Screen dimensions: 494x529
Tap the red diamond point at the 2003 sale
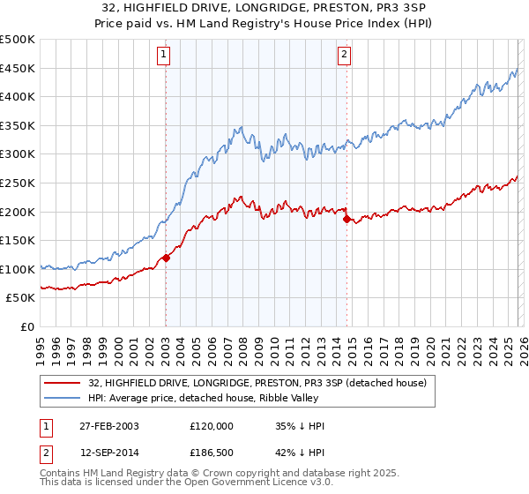[x=166, y=258]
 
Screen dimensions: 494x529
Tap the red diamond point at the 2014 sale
[x=346, y=219]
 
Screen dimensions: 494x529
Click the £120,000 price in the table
[x=210, y=426]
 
